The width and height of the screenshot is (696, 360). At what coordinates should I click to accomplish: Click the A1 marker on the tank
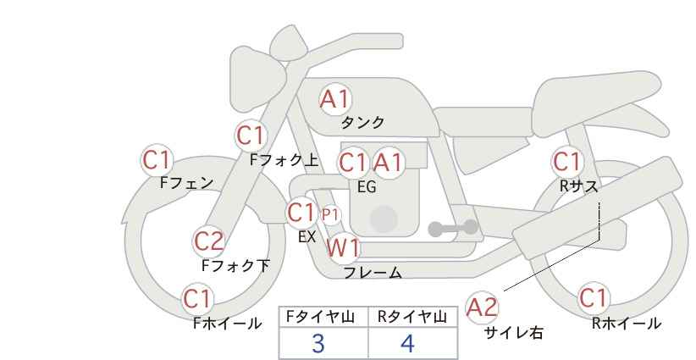tap(335, 99)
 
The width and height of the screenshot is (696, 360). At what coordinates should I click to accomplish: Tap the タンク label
tap(362, 123)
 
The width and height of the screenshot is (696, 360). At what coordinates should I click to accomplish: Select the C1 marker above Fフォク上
tap(251, 136)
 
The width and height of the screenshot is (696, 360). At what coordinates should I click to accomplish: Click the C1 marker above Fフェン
tap(157, 160)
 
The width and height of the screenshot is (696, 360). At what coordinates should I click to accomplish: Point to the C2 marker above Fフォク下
tap(208, 241)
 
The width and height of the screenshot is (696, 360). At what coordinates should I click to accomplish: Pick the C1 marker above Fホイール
tap(198, 299)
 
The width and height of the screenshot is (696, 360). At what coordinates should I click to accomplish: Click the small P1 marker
tap(330, 215)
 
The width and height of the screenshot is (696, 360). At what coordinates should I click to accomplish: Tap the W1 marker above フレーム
tap(343, 247)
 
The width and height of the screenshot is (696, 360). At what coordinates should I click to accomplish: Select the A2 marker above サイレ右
tap(483, 307)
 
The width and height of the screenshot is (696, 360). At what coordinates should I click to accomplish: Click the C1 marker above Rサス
tap(566, 162)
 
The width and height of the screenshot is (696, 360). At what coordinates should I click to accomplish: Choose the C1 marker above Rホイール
tap(594, 298)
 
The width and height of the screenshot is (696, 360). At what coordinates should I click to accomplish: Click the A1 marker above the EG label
tap(388, 163)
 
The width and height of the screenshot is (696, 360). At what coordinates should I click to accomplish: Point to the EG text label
tap(367, 187)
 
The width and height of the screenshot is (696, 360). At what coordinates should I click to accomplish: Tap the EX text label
tap(307, 236)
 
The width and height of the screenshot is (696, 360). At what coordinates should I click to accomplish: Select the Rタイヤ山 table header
tap(412, 317)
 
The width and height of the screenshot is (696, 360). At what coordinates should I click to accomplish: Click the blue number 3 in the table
tap(318, 343)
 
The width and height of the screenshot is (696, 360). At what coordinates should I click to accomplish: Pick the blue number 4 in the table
tap(407, 343)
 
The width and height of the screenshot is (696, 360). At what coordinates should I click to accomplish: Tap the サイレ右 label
tap(514, 333)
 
